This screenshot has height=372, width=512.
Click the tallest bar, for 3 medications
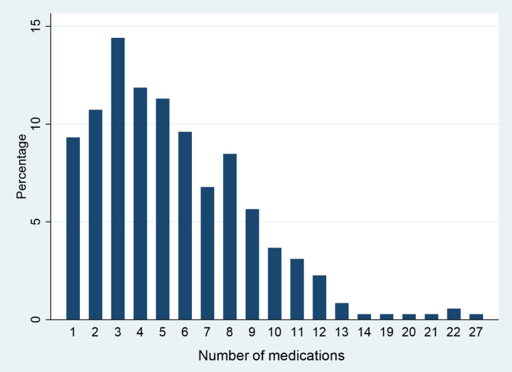point(118,179)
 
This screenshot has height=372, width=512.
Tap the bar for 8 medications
point(230,237)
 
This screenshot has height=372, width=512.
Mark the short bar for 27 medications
point(476,317)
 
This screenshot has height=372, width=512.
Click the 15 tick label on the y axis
point(35,26)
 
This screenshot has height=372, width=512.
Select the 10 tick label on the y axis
point(35,124)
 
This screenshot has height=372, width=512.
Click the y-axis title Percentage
point(21,166)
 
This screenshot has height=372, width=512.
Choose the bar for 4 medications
point(140,204)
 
